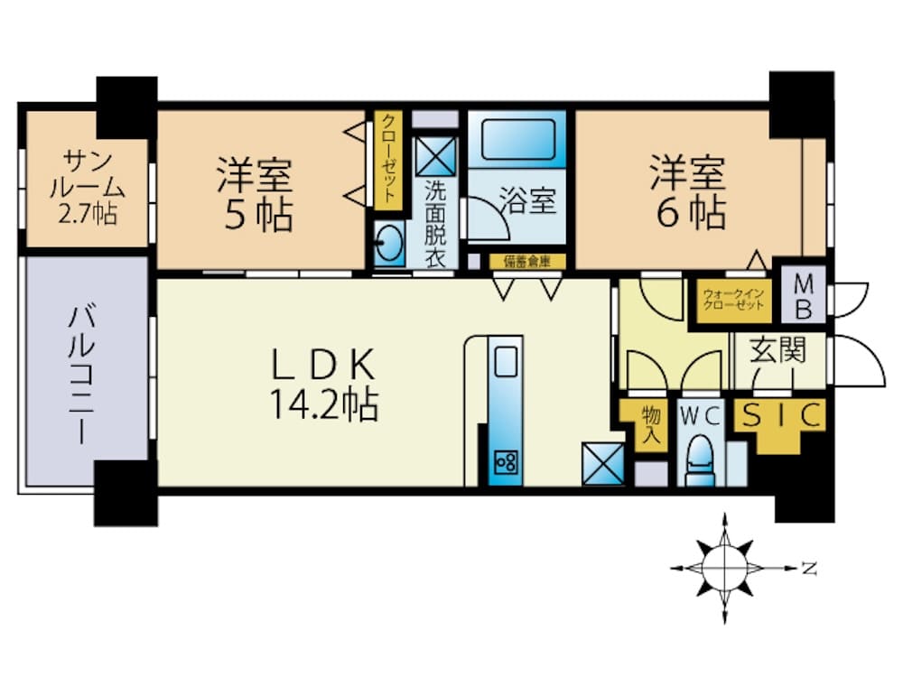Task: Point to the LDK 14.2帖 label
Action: pos(323,384)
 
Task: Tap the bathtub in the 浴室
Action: pos(518,139)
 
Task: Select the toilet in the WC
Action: pos(701,457)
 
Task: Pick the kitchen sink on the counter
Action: pos(506,361)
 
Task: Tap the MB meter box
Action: pos(804,296)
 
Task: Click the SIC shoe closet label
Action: pos(781,415)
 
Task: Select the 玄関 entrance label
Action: pos(777,350)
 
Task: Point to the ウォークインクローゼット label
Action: pos(733,300)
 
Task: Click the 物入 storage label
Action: pos(651,425)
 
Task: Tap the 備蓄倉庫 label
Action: pos(527,262)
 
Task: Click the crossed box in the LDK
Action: pos(603,463)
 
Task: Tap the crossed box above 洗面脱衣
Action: pos(436,155)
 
